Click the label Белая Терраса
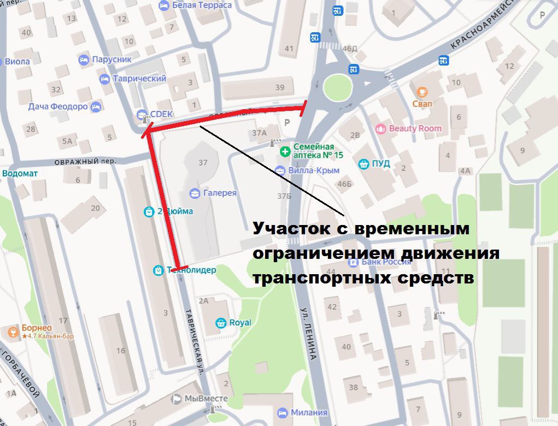[202, 5]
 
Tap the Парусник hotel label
[111, 60]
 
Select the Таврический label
[139, 79]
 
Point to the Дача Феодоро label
[58, 106]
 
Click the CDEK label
[161, 114]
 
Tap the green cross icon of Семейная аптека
[284, 151]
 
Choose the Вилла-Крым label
[315, 170]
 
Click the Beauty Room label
[415, 128]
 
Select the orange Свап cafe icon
[422, 92]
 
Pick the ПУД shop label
[381, 163]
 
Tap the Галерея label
[220, 193]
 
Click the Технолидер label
[191, 270]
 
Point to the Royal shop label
[240, 322]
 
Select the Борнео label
[37, 328]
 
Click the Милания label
[309, 412]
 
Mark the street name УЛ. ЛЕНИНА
[309, 333]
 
